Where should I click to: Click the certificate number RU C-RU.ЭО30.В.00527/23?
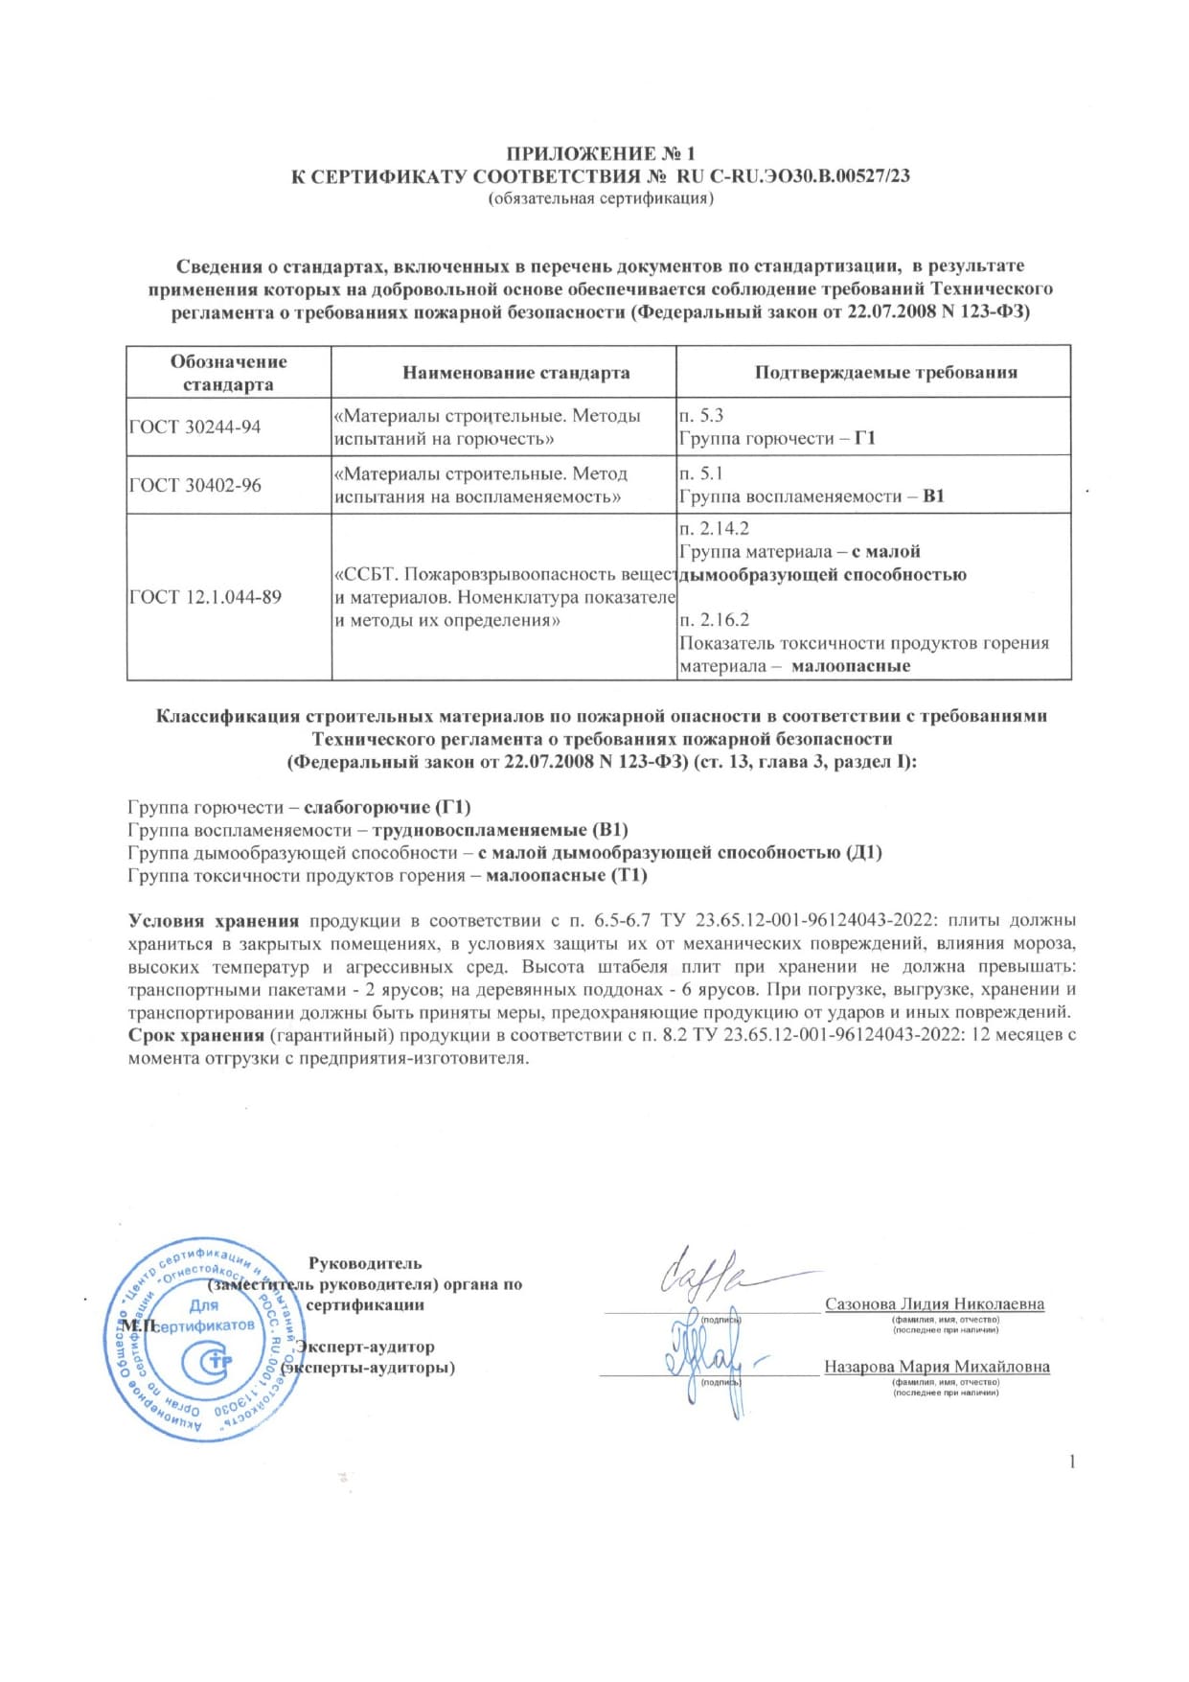[793, 176]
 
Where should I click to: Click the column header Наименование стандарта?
[515, 373]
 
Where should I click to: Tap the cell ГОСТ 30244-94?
[194, 427]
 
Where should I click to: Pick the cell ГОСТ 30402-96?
[194, 485]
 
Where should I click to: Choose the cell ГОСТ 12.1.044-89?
[205, 597]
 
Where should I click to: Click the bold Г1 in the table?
[865, 438]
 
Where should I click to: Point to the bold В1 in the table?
[933, 496]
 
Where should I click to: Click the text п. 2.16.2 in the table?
[714, 620]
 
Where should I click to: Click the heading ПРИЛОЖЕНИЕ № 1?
[600, 154]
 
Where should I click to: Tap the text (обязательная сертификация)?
[601, 198]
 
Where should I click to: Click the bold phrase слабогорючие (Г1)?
[387, 807]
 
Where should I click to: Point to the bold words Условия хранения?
[214, 921]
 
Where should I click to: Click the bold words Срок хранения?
[196, 1035]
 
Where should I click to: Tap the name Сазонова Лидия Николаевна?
[934, 1304]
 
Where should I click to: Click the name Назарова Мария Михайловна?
[937, 1367]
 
